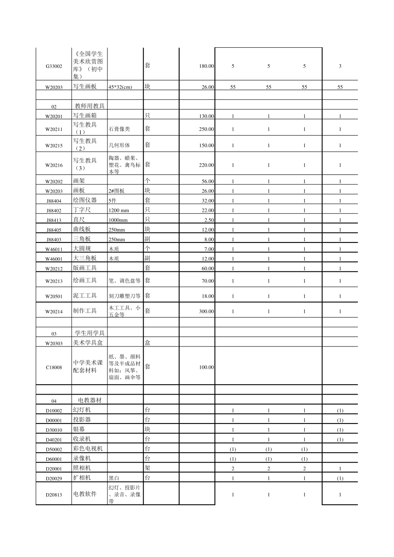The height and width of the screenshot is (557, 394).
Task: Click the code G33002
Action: (x=54, y=66)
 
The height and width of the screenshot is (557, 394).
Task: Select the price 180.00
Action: (x=206, y=66)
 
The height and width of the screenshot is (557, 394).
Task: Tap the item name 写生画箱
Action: (x=85, y=116)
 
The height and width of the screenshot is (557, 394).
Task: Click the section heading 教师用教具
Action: (x=90, y=106)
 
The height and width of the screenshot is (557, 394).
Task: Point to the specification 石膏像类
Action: (x=119, y=129)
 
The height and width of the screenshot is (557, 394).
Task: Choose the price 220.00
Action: (x=206, y=165)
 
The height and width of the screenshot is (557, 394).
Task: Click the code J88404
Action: (x=54, y=201)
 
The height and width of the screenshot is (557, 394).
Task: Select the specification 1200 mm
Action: (x=119, y=211)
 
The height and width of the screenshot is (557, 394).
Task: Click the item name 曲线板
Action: (x=82, y=229)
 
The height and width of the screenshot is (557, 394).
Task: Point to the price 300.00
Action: (x=206, y=312)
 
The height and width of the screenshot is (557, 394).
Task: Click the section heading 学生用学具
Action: (x=90, y=333)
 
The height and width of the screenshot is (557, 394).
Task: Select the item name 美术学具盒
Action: (x=88, y=343)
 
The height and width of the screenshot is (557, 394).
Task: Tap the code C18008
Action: (x=54, y=368)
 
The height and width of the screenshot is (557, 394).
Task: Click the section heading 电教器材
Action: (x=90, y=400)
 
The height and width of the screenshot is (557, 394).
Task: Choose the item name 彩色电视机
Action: (x=88, y=449)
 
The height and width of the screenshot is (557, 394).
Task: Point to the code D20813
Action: (x=54, y=495)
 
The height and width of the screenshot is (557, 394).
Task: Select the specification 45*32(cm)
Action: (x=120, y=87)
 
